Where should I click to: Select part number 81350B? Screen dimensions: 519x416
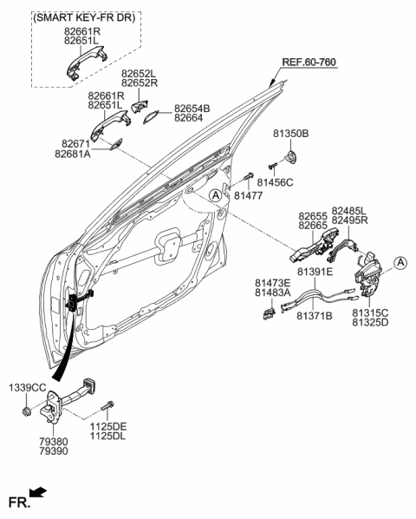tap(291, 135)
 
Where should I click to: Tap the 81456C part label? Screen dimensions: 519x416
tap(276, 182)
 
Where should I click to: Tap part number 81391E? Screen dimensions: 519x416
tap(315, 272)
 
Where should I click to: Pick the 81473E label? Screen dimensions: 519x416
tap(272, 283)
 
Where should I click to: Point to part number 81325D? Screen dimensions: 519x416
tap(370, 322)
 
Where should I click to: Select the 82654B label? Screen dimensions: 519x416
tap(193, 108)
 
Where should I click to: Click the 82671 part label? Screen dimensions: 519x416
tap(76, 142)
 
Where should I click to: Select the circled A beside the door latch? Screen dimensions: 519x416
tap(400, 261)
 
